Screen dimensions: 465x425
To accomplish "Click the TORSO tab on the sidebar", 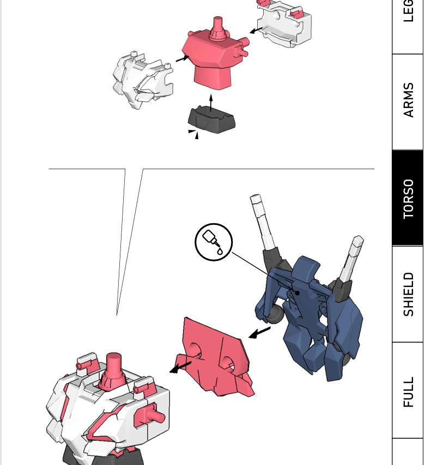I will point(408,199).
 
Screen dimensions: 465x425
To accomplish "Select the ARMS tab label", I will point(408,100).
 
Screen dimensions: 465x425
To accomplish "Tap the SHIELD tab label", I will point(408,294).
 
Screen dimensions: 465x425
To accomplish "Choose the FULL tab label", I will point(408,391).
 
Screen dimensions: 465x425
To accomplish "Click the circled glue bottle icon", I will point(214,242).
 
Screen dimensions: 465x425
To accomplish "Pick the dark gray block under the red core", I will point(211,120).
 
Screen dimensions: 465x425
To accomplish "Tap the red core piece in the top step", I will point(212,57).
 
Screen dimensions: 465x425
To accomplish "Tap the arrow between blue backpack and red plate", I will point(259,332).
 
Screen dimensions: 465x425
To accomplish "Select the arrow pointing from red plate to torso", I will point(180,367).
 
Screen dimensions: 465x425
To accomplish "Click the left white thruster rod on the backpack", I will point(262,221).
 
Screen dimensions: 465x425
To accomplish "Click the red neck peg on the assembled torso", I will point(113,366).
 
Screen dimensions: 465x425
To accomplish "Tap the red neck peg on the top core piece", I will point(218,27).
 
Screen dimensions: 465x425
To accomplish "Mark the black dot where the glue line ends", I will point(297,293).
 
